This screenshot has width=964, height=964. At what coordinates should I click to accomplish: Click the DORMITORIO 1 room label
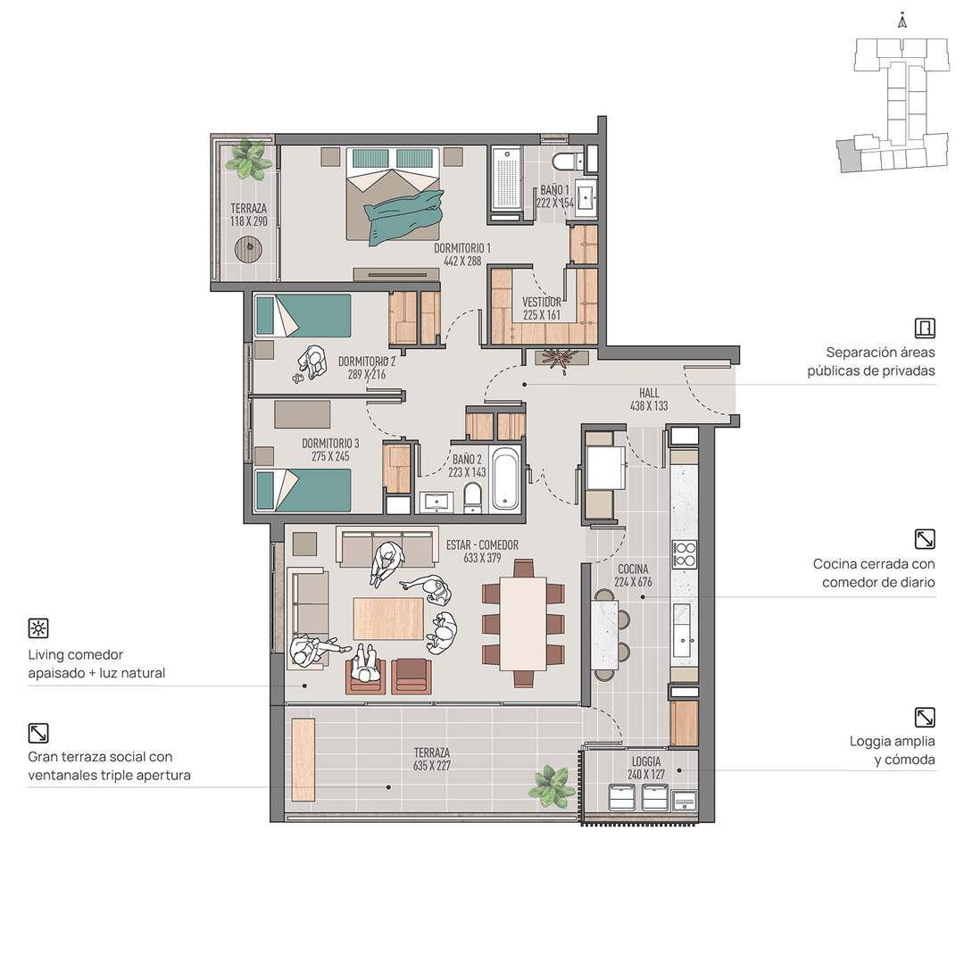pyautogui.click(x=462, y=248)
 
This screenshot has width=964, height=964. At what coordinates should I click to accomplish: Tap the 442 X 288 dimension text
pyautogui.click(x=462, y=262)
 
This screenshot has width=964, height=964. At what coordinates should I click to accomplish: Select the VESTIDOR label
pyautogui.click(x=542, y=302)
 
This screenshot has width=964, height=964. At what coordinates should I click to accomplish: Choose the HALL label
pyautogui.click(x=649, y=393)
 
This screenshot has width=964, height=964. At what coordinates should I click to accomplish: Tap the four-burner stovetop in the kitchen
pyautogui.click(x=685, y=554)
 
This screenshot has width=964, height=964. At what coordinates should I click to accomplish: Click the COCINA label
pyautogui.click(x=633, y=569)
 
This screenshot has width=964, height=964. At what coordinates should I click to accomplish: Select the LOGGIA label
pyautogui.click(x=646, y=761)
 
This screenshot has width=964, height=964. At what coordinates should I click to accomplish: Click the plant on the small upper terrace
pyautogui.click(x=248, y=159)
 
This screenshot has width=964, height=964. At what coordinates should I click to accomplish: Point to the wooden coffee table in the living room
pyautogui.click(x=388, y=619)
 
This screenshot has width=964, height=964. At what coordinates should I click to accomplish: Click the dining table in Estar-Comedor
pyautogui.click(x=523, y=623)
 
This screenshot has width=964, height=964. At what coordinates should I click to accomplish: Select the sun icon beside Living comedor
pyautogui.click(x=38, y=628)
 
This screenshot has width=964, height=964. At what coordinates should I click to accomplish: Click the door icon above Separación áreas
pyautogui.click(x=925, y=328)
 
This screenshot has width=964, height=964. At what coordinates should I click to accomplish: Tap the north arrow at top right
pyautogui.click(x=902, y=21)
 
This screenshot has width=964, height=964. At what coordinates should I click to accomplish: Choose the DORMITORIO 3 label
pyautogui.click(x=330, y=444)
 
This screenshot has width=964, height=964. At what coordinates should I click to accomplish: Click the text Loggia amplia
pyautogui.click(x=892, y=742)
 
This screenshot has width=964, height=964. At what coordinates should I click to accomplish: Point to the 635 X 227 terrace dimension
pyautogui.click(x=432, y=766)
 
